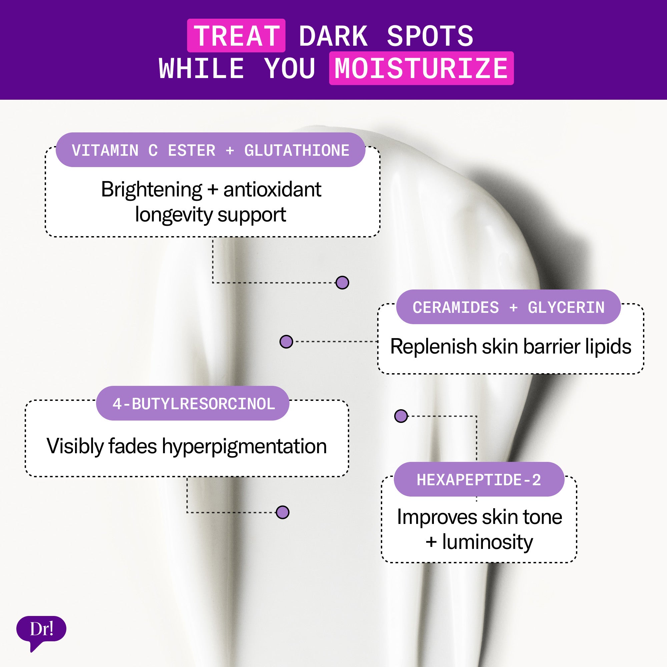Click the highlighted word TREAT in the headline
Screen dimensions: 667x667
236,36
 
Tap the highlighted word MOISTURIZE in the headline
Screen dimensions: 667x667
421,68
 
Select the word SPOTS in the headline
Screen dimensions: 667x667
430,36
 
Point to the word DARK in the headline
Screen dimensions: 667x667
333,36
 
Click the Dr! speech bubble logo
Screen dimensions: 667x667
41,629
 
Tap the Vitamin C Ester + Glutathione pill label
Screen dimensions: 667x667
210,150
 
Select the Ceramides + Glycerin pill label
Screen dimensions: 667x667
508,307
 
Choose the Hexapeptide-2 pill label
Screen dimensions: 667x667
479,480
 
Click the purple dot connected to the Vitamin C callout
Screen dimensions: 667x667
342,282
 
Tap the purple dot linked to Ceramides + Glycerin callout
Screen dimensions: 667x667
286,342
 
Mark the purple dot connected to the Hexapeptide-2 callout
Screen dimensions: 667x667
401,416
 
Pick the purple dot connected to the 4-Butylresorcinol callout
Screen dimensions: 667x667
282,512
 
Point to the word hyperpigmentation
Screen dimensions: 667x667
244,446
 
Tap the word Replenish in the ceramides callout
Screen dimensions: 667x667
434,346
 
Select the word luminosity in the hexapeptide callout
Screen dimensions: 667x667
487,542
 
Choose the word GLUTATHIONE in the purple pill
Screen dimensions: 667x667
296,150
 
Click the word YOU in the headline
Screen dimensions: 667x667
289,68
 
